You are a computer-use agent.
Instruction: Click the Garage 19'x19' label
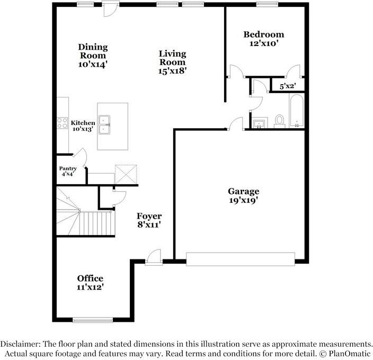coord(244,196)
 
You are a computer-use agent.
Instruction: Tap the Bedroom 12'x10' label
coord(263,39)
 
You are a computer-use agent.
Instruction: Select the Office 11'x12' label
coord(90,283)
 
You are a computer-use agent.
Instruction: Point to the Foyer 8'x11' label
coord(149,220)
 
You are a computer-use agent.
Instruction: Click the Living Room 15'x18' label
coord(173,61)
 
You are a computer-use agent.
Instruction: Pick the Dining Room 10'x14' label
coord(93,55)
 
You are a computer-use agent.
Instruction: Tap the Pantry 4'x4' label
coord(68,171)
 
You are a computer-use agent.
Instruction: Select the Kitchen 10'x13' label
coord(83,126)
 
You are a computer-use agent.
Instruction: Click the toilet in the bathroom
coord(279,121)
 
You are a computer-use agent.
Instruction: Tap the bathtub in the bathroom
coord(297,111)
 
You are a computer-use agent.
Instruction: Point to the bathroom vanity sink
coord(259,124)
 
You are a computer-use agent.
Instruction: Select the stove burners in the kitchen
coord(63,123)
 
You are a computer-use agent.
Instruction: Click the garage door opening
coord(241,259)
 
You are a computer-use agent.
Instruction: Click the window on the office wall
coord(93,320)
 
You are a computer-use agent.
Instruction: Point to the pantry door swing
coord(80,155)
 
